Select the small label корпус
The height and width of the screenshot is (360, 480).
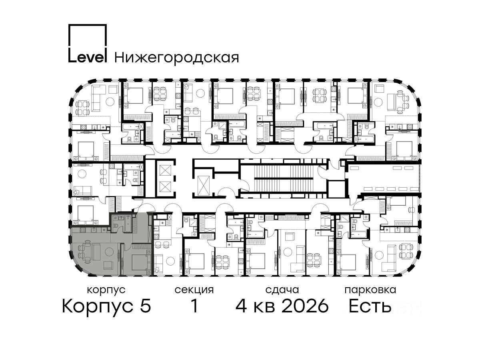click(x=106, y=290)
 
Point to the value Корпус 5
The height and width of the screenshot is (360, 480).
click(x=106, y=306)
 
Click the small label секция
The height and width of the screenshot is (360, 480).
click(x=194, y=290)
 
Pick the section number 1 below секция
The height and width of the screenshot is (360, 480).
click(x=194, y=306)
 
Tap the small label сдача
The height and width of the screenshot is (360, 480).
click(x=282, y=290)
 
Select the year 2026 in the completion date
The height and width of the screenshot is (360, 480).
click(x=305, y=306)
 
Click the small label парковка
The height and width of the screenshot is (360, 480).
click(x=370, y=290)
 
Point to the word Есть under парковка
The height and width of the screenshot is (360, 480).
click(x=370, y=306)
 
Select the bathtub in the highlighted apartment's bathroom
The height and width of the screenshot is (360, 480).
click(x=128, y=224)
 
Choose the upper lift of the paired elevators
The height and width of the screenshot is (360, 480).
click(x=165, y=170)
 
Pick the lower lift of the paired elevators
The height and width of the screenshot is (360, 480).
click(x=165, y=187)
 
